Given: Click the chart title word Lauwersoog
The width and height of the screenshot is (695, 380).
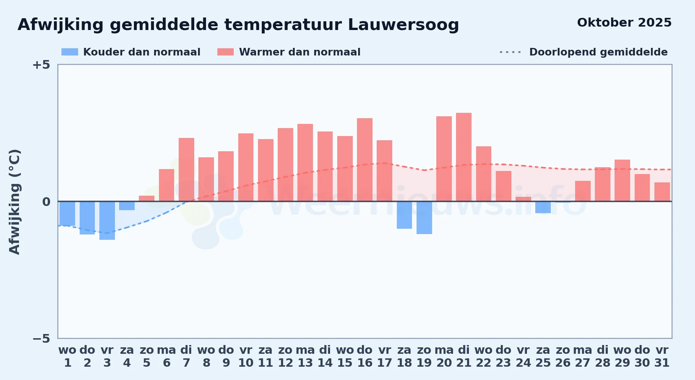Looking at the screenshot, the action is point(403,25).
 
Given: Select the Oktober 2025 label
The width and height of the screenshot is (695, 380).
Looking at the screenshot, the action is point(624,23).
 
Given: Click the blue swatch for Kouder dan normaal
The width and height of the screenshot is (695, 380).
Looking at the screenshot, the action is point(70,52).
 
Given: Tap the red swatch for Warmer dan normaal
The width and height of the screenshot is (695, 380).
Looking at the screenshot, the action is point(225,52).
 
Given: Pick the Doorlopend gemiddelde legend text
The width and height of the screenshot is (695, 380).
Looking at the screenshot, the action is point(598,52).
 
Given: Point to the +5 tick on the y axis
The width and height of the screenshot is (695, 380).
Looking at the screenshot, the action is point(41,65).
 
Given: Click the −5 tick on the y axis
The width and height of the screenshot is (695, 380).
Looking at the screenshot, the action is point(41,339).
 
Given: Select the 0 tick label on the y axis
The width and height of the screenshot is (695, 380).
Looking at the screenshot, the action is point(46,202).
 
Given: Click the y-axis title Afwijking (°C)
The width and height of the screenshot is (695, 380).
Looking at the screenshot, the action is point(14,201).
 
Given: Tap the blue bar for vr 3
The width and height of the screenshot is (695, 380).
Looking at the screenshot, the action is point(107,220).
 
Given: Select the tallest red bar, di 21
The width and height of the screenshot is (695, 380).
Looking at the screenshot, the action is point(464,157).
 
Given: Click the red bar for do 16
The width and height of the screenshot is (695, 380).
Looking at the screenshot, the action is point(365,160).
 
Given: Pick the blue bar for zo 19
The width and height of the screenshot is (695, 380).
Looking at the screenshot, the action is point(424,218).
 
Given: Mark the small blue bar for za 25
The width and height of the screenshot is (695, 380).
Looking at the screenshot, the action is point(543,207).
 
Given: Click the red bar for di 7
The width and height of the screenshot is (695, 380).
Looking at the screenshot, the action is point(186,169).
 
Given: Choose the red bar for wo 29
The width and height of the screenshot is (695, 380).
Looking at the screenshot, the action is point(622,180).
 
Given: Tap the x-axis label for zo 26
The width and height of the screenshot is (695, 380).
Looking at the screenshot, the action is point(563,356).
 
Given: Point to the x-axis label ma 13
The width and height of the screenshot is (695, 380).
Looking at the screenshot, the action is point(305,356).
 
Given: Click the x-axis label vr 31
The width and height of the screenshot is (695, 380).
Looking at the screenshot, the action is point(662,356).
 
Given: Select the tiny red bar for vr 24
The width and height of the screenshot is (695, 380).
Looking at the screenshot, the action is point(523,199).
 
